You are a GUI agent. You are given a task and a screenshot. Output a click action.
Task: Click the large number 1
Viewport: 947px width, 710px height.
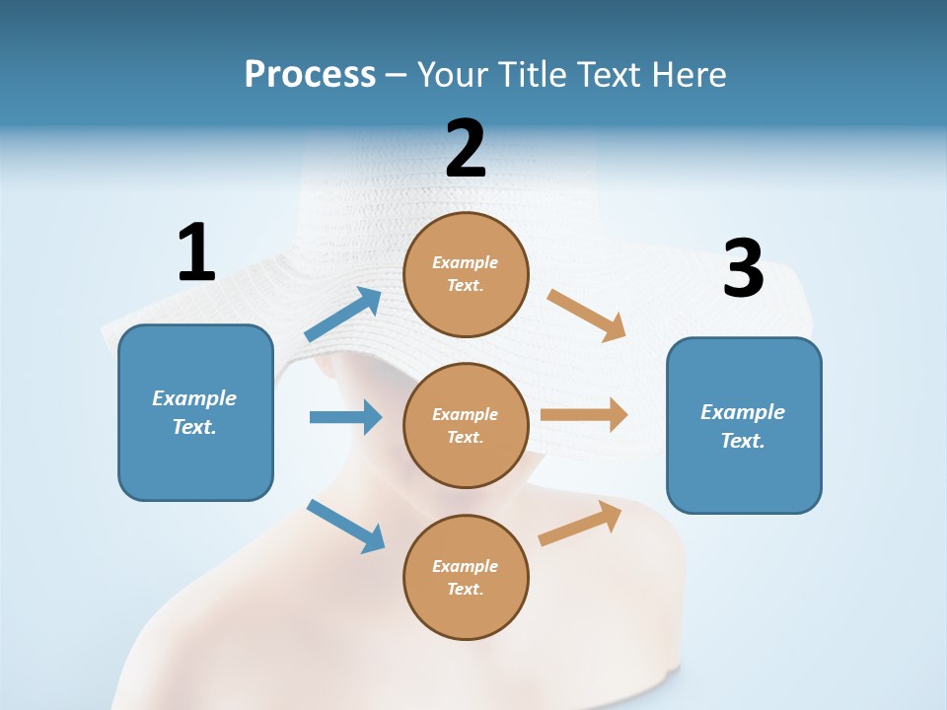[x=196, y=252]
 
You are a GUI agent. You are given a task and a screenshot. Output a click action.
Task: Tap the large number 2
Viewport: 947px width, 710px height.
[x=466, y=149]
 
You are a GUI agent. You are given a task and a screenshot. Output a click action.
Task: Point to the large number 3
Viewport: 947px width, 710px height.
[x=744, y=268]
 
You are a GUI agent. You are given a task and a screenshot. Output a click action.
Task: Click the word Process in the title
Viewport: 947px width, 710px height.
[x=310, y=74]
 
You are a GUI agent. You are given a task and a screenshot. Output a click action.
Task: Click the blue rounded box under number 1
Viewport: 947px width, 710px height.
[x=195, y=412]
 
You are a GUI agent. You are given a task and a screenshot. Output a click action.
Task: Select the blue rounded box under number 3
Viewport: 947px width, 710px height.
[x=744, y=426]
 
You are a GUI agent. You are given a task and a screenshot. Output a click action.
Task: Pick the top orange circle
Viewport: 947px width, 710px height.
[x=466, y=274]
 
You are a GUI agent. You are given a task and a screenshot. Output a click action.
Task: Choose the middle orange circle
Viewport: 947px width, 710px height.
[x=466, y=426]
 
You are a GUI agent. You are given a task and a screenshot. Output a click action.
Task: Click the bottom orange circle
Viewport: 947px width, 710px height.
[x=466, y=578]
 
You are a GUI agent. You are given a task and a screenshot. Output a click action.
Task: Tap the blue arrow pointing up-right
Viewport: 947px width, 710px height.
[x=343, y=315]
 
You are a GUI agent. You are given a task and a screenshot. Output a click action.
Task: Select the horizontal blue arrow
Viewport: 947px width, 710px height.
[x=345, y=417]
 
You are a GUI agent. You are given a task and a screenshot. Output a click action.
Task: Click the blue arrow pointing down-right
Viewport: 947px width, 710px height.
[x=345, y=526]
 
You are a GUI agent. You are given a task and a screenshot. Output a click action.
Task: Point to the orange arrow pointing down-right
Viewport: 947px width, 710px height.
[x=587, y=316]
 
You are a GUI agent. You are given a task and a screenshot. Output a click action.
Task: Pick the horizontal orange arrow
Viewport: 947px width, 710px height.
[x=584, y=414]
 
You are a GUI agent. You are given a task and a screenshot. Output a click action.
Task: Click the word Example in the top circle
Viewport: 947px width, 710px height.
[x=466, y=263]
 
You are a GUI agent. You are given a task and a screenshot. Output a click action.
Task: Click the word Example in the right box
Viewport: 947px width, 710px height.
[x=743, y=412]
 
